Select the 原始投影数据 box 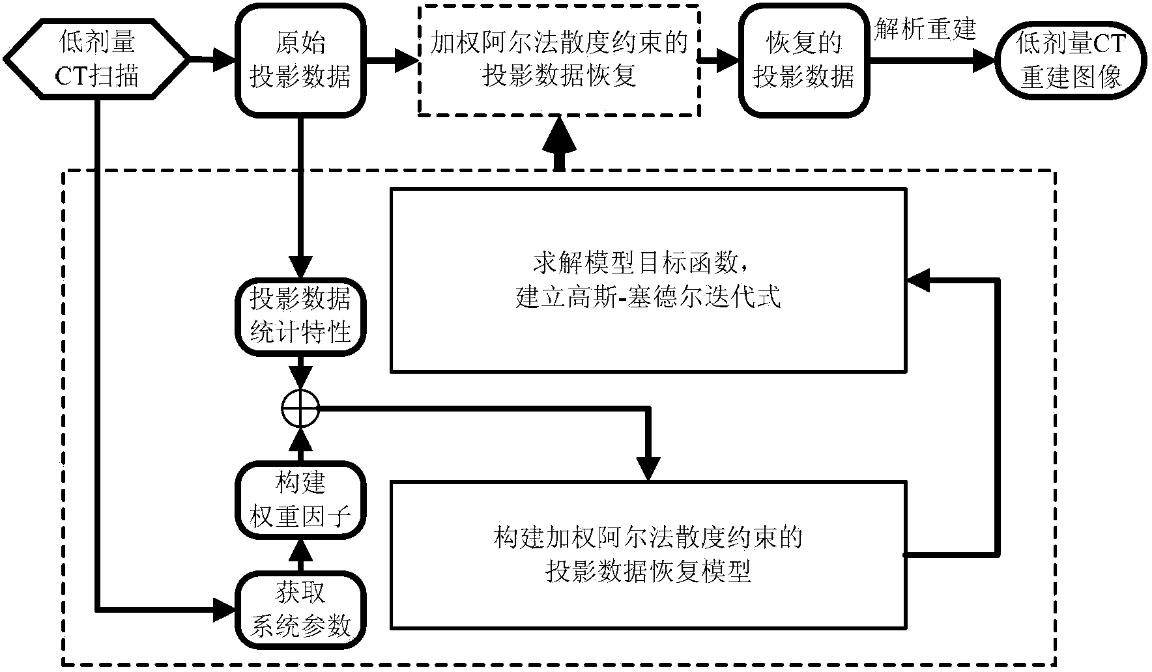[300, 60]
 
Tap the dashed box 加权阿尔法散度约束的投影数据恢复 [558, 60]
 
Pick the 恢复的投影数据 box [803, 60]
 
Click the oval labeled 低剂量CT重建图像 [1071, 60]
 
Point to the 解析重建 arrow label [925, 29]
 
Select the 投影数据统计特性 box [300, 316]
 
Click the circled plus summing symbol [300, 409]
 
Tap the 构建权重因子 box [300, 501]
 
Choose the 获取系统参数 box [300, 609]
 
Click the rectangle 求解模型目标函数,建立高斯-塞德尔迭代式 [648, 281]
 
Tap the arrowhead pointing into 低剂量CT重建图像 [983, 60]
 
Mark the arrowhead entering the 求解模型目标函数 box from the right [917, 281]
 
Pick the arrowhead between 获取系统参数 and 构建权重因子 [300, 552]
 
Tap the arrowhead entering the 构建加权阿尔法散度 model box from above [648, 468]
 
